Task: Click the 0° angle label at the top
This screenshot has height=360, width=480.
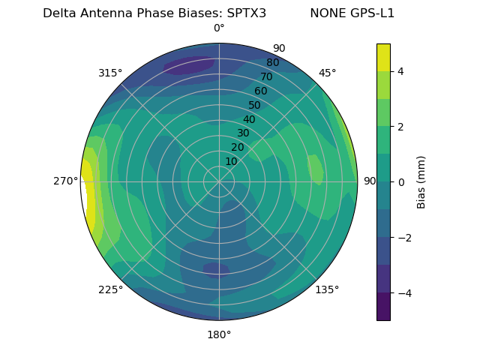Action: point(219,28)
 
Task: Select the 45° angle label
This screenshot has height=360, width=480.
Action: point(327,73)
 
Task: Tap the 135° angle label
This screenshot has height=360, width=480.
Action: point(327,289)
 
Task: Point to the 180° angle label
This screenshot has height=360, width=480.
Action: point(219,334)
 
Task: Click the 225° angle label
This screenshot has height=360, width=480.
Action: point(110,289)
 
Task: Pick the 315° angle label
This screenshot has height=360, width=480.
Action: point(110,73)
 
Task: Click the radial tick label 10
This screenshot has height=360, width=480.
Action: point(231,161)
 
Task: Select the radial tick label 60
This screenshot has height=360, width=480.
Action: point(261,91)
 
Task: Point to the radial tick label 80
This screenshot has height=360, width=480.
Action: point(272,63)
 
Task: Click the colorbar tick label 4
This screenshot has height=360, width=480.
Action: point(401,71)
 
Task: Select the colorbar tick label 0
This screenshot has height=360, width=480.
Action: point(401,182)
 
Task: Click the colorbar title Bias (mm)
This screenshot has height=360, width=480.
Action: point(421,182)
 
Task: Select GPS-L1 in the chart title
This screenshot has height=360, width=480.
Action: point(369,13)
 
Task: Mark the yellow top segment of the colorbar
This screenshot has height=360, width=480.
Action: point(383,57)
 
